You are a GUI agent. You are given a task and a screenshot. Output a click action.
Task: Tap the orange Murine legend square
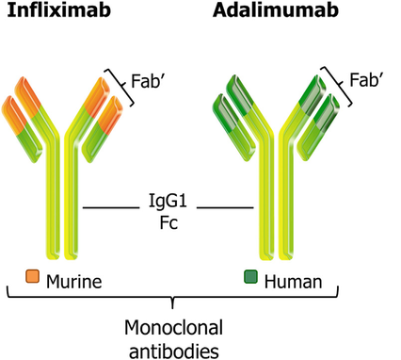(32, 278)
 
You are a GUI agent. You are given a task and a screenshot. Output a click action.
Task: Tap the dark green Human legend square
(251, 278)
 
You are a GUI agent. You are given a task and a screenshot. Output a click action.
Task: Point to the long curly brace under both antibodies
(173, 300)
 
